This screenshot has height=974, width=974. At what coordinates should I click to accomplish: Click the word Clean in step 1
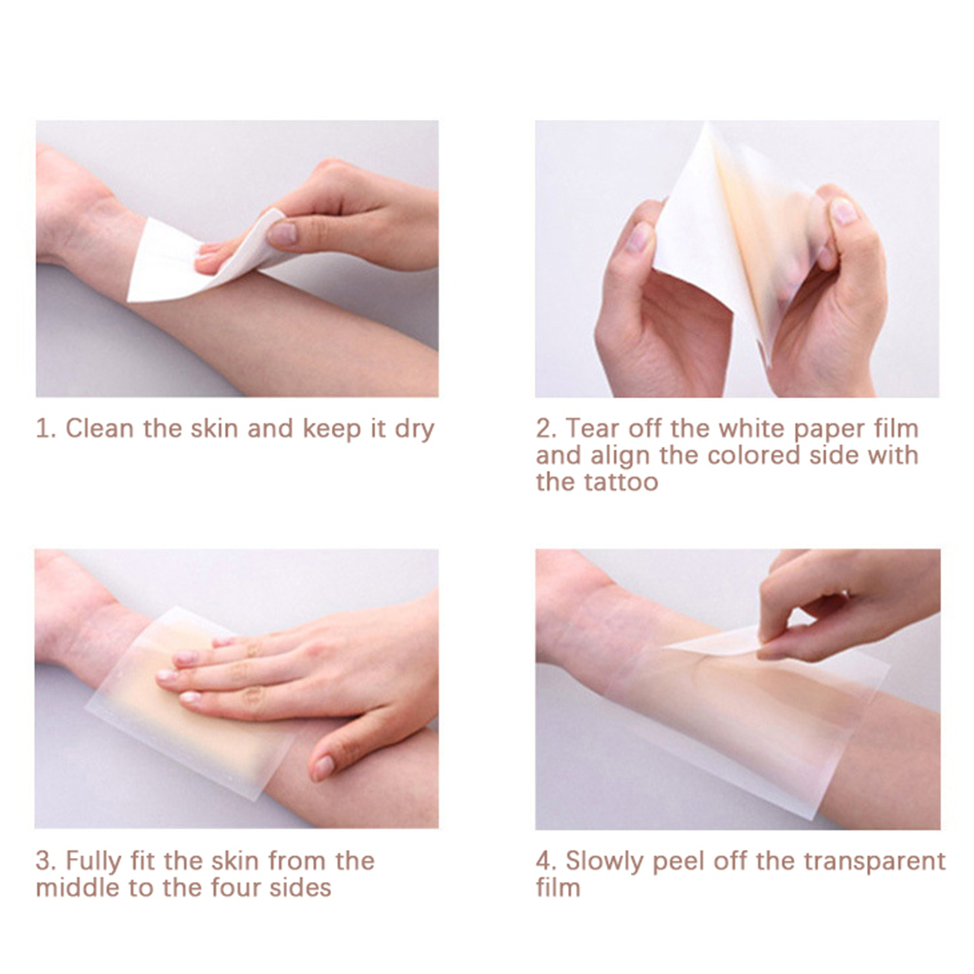[100, 429]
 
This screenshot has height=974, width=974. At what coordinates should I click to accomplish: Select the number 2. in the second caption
[546, 429]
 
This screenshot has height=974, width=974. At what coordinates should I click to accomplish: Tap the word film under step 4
[558, 888]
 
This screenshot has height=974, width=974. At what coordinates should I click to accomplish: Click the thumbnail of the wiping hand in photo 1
[282, 233]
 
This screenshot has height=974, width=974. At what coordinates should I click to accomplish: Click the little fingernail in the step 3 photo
[189, 698]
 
